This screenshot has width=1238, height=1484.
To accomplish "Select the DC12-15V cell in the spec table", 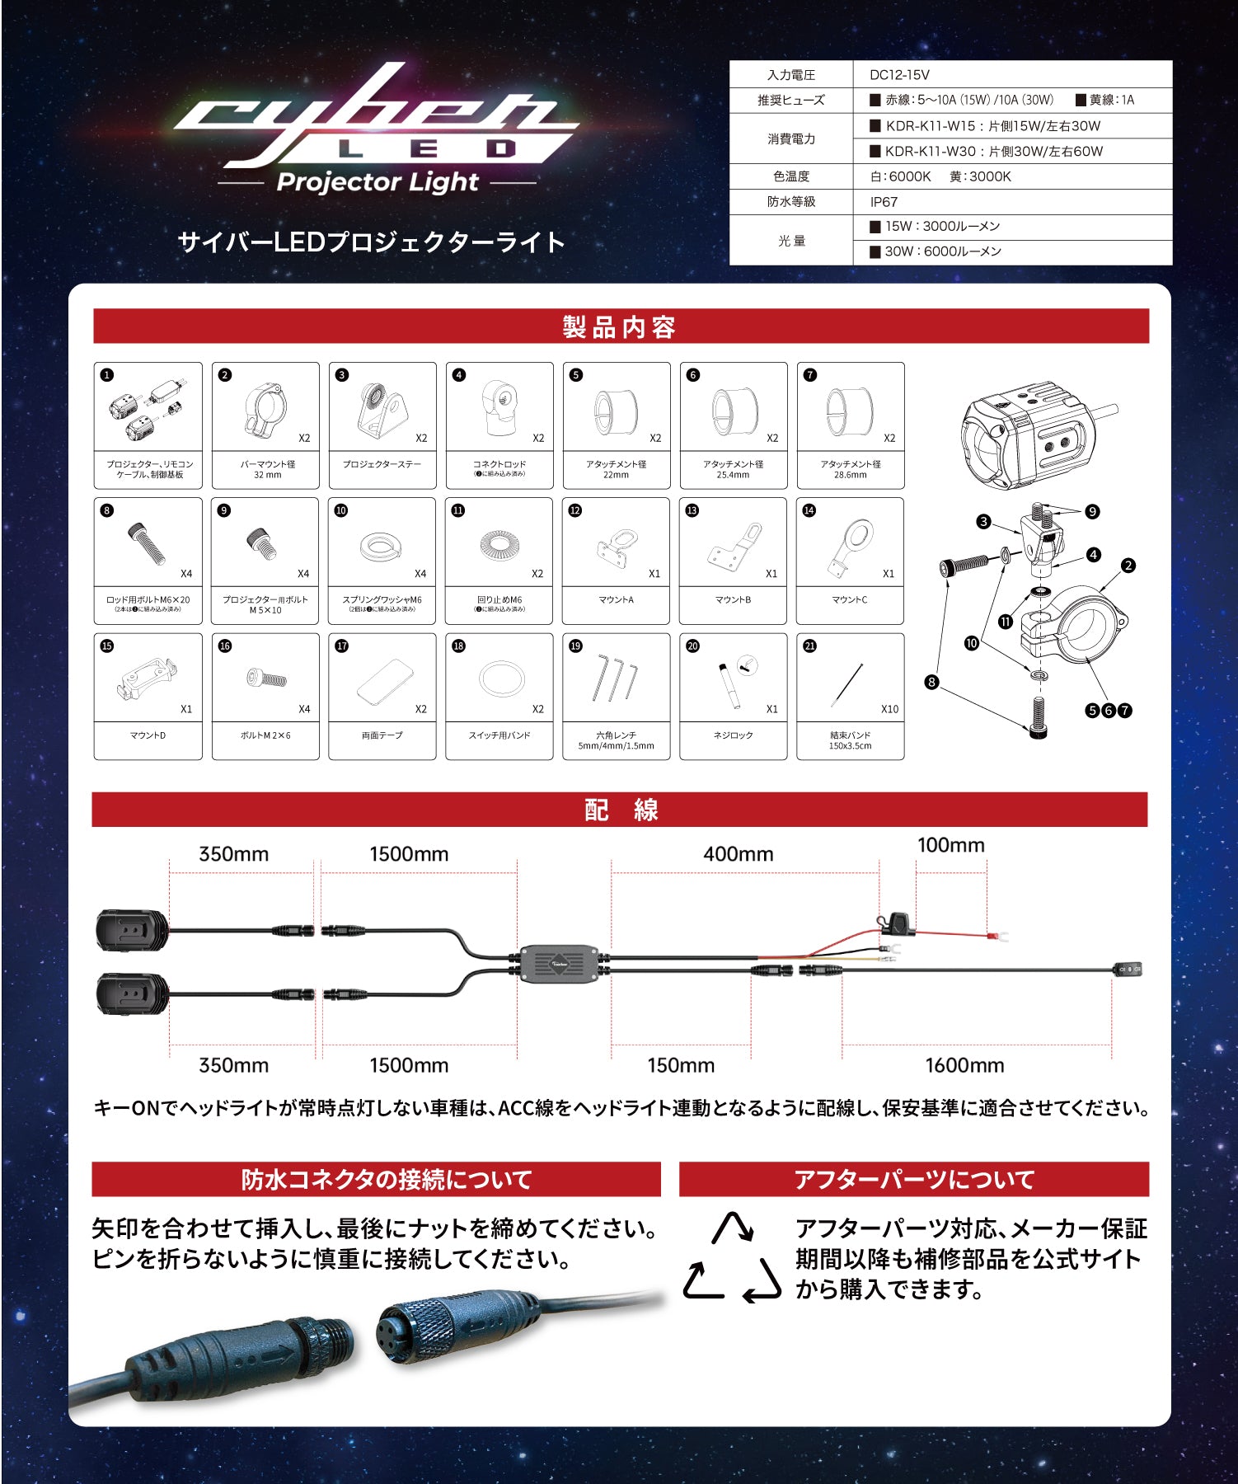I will pyautogui.click(x=899, y=75).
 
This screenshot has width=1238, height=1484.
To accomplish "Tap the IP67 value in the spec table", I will pyautogui.click(x=884, y=202).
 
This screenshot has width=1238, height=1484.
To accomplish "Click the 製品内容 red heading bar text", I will pyautogui.click(x=620, y=326).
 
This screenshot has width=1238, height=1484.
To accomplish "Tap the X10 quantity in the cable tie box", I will pyautogui.click(x=889, y=709).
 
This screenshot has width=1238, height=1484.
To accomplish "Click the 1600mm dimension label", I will pyautogui.click(x=964, y=1065).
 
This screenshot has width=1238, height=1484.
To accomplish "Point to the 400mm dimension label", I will pyautogui.click(x=739, y=854).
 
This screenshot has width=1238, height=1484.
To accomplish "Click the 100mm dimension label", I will pyautogui.click(x=950, y=845).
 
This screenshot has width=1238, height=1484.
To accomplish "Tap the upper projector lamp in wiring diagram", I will pyautogui.click(x=132, y=931).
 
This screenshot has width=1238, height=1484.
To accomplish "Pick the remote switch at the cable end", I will pyautogui.click(x=1128, y=970).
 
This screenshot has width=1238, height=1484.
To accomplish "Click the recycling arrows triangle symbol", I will pyautogui.click(x=732, y=1258).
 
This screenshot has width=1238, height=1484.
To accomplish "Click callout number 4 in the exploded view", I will pyautogui.click(x=1093, y=555).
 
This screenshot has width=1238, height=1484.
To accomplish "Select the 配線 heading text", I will pyautogui.click(x=621, y=810).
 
